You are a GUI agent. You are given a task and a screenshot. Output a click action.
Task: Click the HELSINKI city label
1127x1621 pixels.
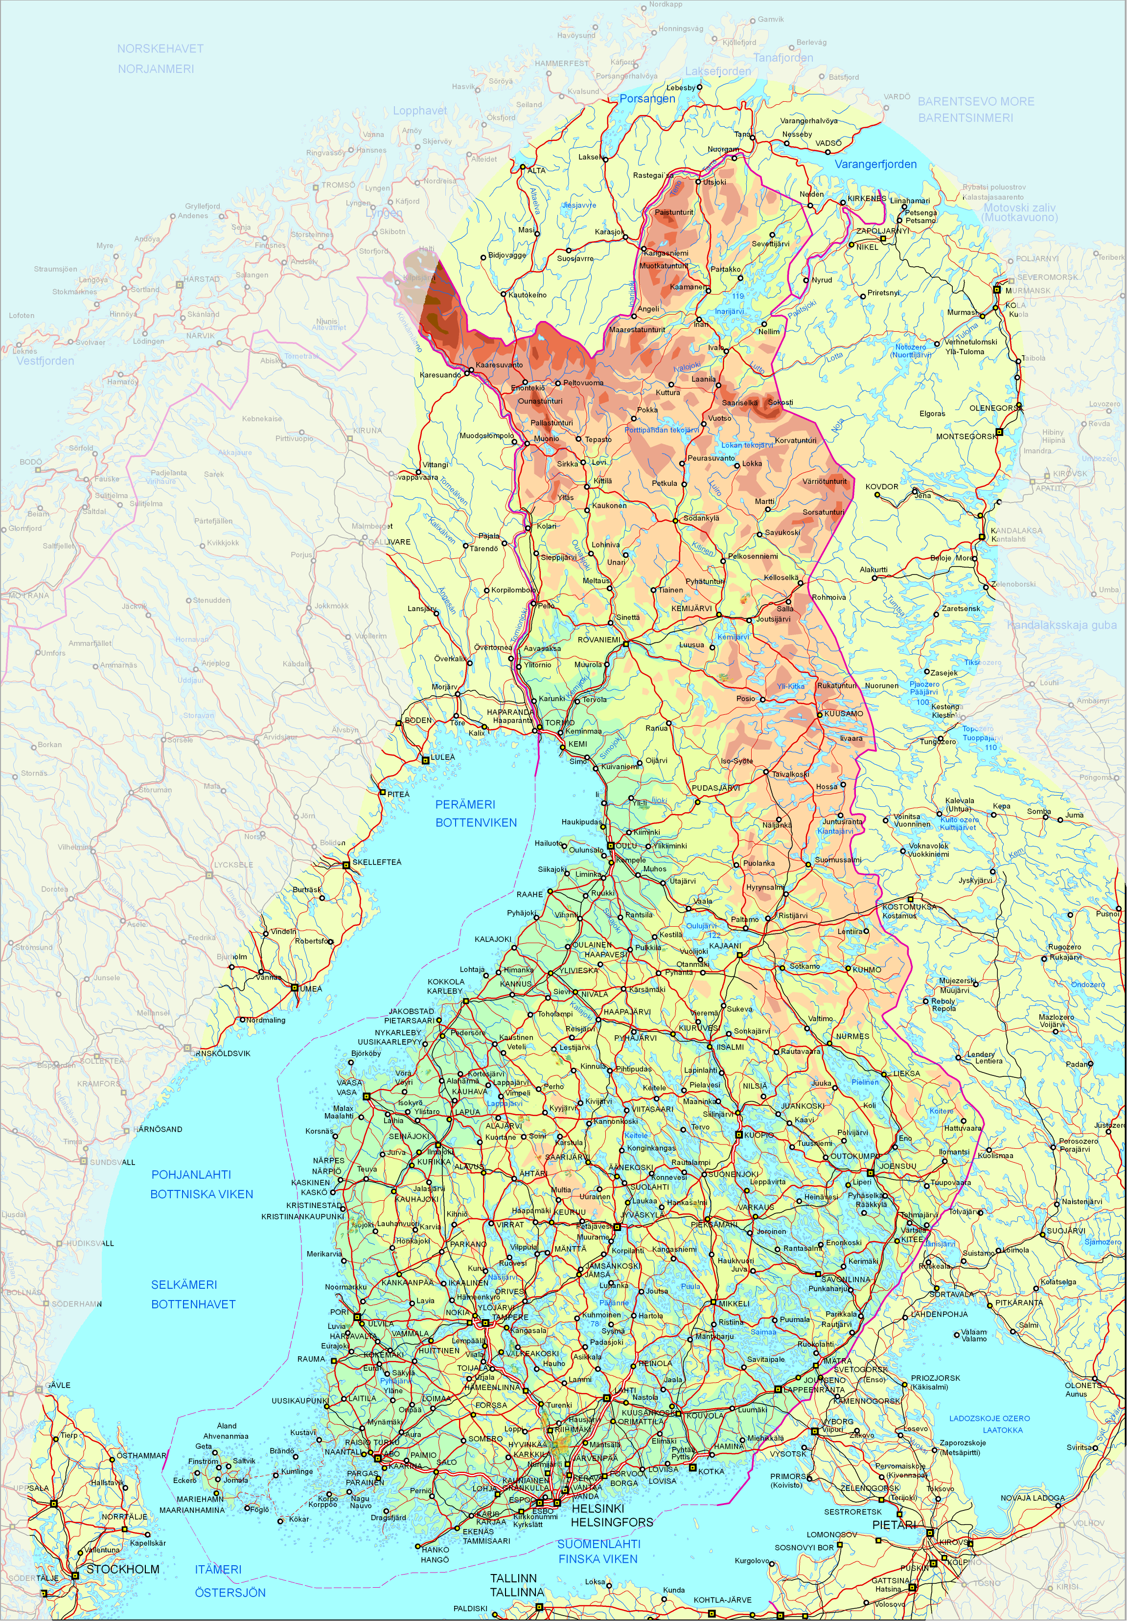pyautogui.click(x=598, y=1507)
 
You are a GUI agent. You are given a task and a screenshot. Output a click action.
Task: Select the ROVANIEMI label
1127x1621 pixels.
pyautogui.click(x=599, y=639)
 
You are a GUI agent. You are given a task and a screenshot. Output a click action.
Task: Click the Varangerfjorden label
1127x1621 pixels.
pyautogui.click(x=875, y=164)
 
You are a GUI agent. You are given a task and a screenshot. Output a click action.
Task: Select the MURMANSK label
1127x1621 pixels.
pyautogui.click(x=1028, y=290)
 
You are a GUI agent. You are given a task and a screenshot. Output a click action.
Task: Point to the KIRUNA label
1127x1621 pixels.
pyautogui.click(x=367, y=430)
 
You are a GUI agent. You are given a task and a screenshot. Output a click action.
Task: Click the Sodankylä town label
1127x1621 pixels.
pyautogui.click(x=701, y=518)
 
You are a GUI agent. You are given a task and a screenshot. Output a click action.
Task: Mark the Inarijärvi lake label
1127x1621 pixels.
pyautogui.click(x=730, y=311)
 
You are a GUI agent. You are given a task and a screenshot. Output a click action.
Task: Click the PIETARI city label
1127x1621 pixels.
pyautogui.click(x=894, y=1525)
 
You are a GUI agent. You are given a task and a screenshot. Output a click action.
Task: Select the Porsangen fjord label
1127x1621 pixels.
pyautogui.click(x=647, y=99)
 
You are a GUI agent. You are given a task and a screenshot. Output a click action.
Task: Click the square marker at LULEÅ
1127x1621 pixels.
pyautogui.click(x=425, y=760)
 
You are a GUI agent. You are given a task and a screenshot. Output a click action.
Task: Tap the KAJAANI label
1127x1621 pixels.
pyautogui.click(x=725, y=945)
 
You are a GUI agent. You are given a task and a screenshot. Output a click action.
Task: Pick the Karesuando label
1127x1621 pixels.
pyautogui.click(x=440, y=375)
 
